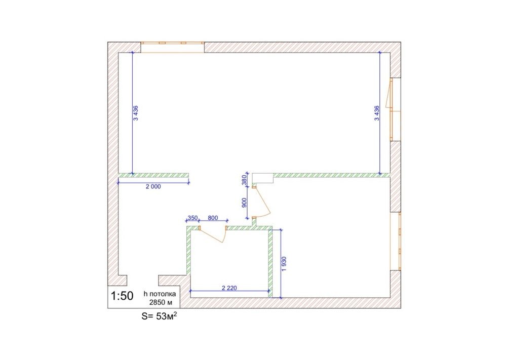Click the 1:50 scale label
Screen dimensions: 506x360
[x=122, y=296]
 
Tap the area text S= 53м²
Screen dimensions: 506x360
[x=159, y=316]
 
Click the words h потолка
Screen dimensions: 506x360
[x=160, y=294]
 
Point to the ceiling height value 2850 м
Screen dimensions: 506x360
[x=161, y=303]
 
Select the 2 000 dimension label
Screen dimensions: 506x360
[x=153, y=186]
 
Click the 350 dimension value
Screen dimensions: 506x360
[x=192, y=218]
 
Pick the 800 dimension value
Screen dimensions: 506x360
[x=213, y=218]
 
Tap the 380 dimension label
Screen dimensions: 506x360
[x=244, y=180]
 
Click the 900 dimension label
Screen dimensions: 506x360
[x=244, y=203]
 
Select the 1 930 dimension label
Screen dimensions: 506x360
[x=284, y=264]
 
